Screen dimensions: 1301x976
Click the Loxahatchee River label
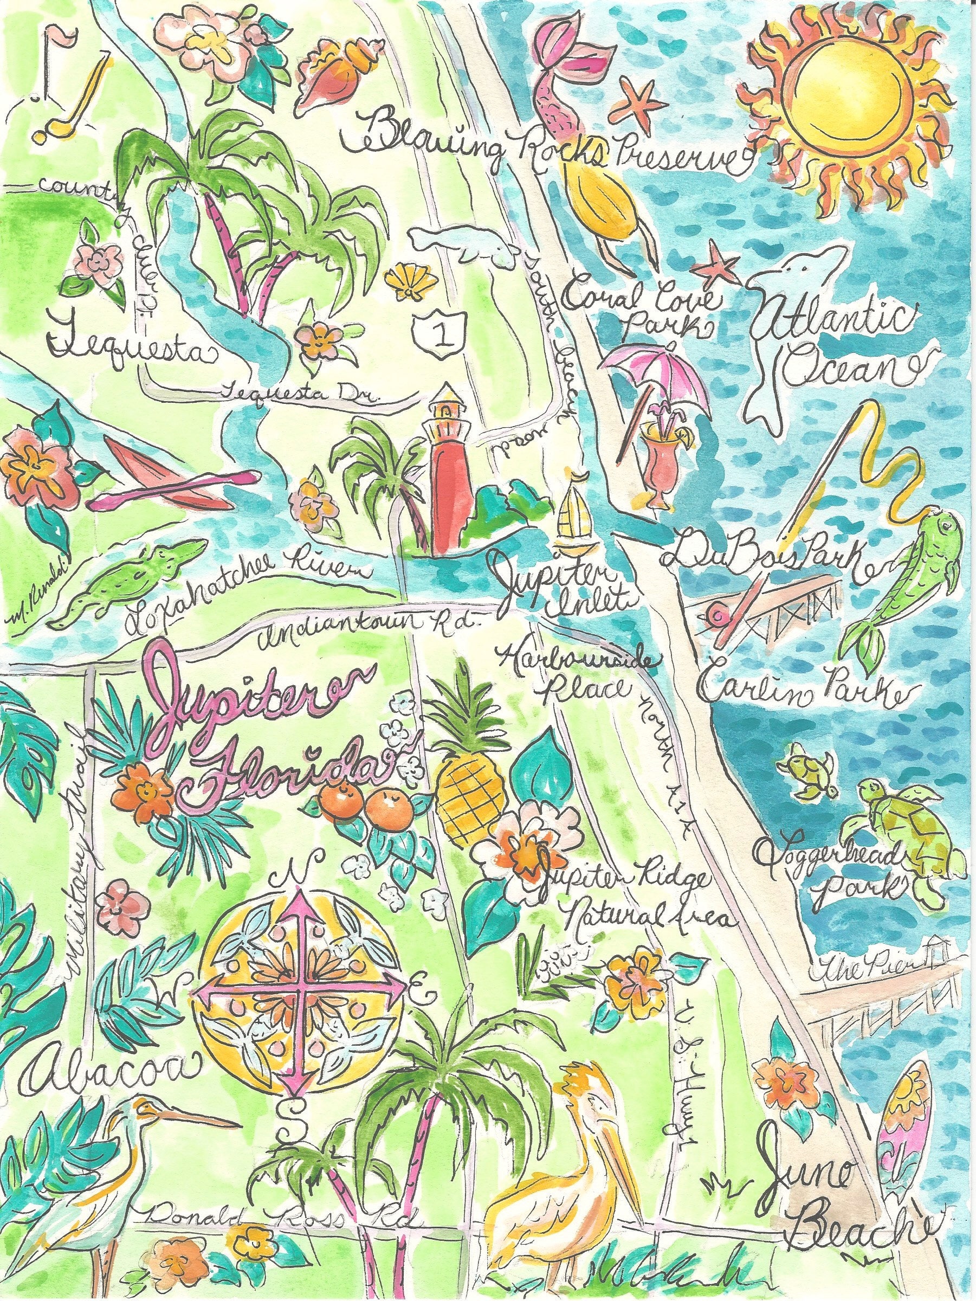tap(247, 600)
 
